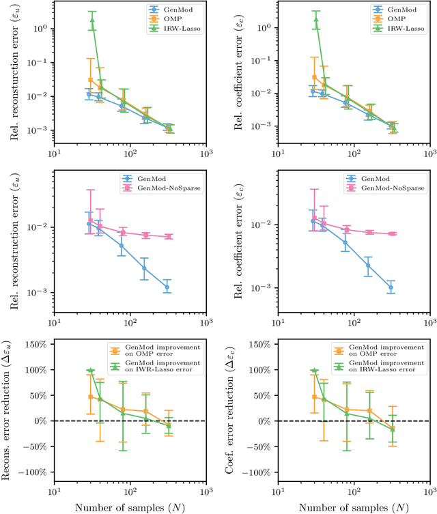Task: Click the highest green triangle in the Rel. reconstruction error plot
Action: [92, 20]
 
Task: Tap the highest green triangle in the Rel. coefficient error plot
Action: [316, 20]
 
